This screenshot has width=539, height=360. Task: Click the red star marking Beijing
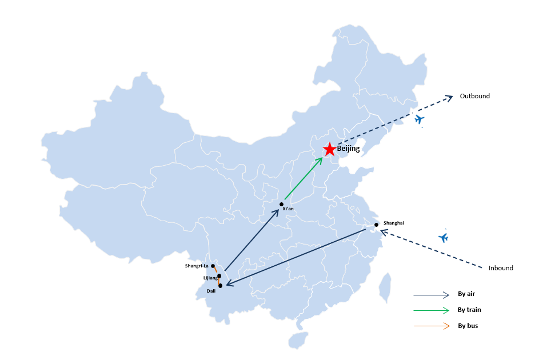tap(330, 149)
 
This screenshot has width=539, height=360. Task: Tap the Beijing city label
tap(348, 149)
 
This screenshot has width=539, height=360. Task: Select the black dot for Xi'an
tap(282, 205)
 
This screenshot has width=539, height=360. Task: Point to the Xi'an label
tap(288, 209)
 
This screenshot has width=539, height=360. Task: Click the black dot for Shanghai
tap(377, 225)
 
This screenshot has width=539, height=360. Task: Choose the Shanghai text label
tap(394, 223)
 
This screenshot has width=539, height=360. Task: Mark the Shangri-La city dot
tap(213, 266)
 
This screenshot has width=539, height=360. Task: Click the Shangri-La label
tap(197, 266)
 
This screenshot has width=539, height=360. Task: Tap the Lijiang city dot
tap(219, 276)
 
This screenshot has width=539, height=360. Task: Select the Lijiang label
tap(210, 278)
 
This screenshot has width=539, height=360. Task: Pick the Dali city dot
tap(220, 286)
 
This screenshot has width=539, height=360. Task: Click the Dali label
tap(211, 291)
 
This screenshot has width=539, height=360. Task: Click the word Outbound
tap(475, 96)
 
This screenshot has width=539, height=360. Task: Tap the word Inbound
tap(501, 268)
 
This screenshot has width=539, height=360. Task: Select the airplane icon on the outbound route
tap(420, 119)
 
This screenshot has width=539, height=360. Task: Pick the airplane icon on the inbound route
tap(444, 237)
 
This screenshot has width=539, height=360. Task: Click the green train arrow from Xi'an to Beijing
tap(304, 178)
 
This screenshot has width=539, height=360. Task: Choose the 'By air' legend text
tap(466, 294)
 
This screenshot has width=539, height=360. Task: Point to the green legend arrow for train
tap(432, 310)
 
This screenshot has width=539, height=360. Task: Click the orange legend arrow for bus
tap(432, 326)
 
